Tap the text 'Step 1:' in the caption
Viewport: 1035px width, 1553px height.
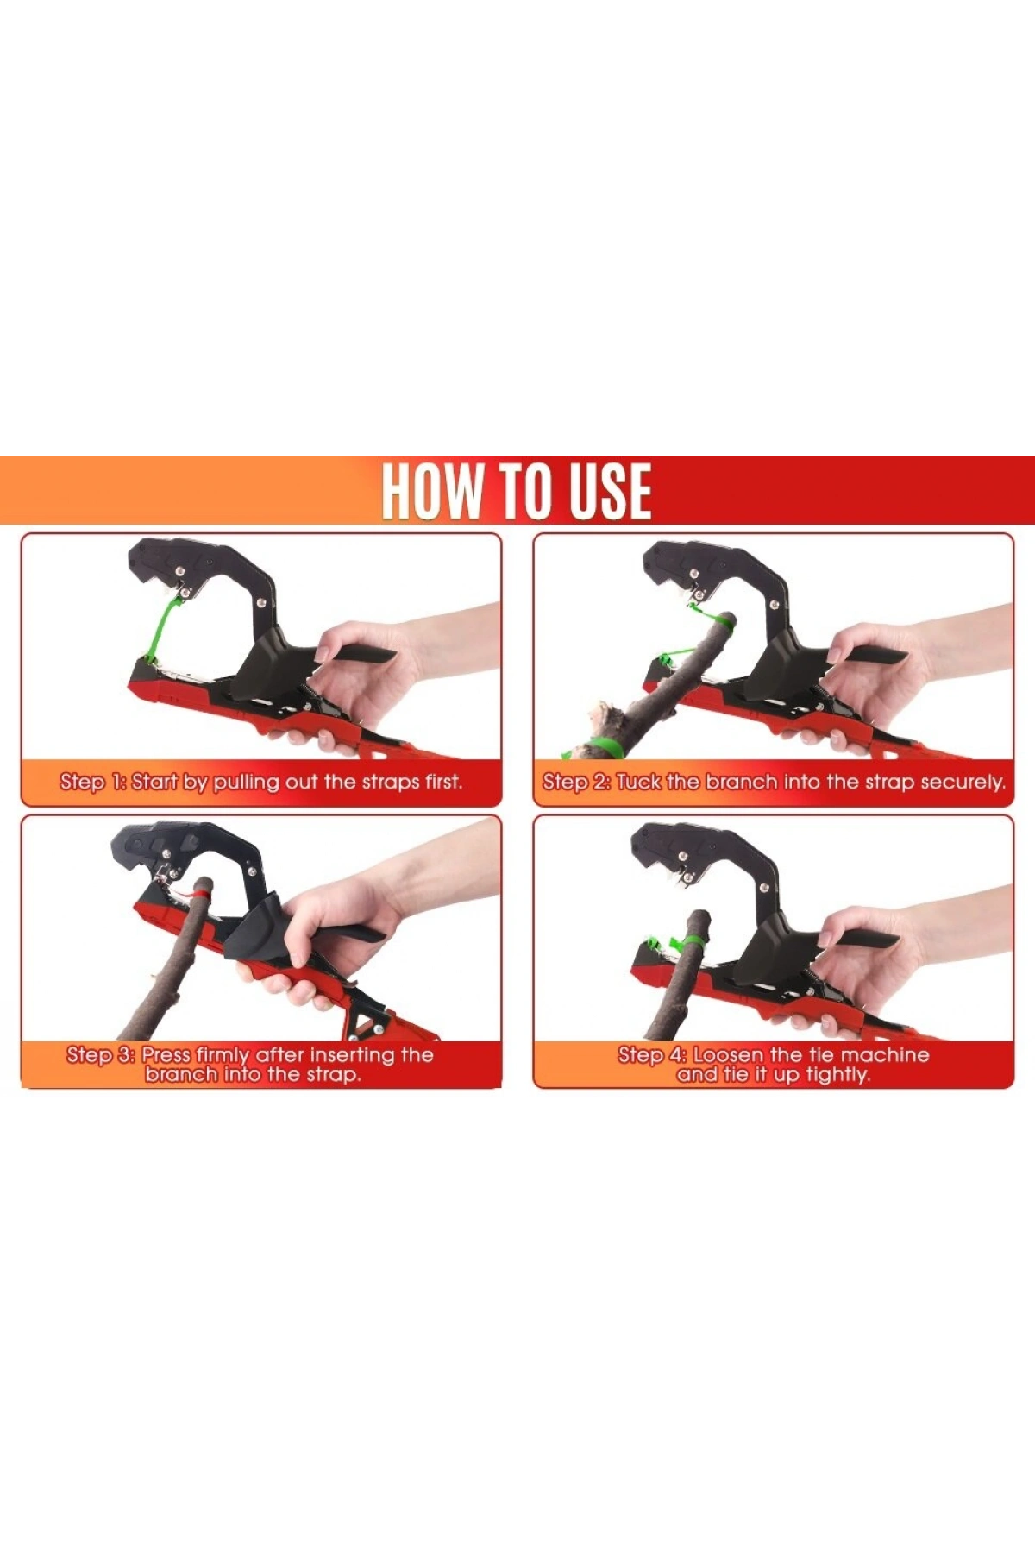(x=93, y=783)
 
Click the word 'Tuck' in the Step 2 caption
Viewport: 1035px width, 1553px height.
(x=639, y=782)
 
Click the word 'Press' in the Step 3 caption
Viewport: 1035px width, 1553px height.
(x=166, y=1054)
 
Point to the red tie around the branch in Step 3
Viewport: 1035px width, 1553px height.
(x=198, y=898)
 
